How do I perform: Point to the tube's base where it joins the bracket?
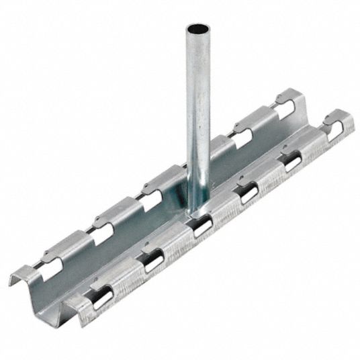(x=196, y=210)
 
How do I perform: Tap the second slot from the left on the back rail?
(x=103, y=232)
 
